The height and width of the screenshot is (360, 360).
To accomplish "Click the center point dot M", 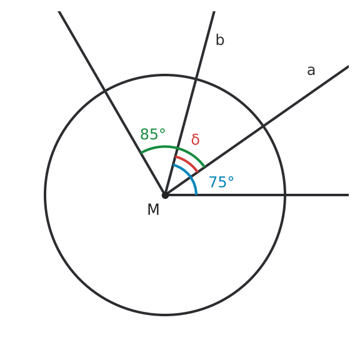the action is [x=165, y=195].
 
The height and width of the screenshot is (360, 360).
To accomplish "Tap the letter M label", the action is [x=153, y=209].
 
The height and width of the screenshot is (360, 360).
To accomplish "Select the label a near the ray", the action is [x=311, y=71].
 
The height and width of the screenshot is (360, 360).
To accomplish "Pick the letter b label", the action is [x=220, y=40].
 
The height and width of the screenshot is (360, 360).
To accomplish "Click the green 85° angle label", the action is [x=152, y=134].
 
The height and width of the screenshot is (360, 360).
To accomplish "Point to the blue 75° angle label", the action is [x=221, y=182].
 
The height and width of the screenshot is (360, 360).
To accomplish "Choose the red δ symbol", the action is [x=196, y=139].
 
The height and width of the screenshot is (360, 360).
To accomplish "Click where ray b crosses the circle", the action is [x=196, y=79].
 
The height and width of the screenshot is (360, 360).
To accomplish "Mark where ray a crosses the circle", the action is [x=263, y=126].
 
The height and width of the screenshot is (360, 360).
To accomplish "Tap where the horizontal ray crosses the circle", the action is [x=285, y=195].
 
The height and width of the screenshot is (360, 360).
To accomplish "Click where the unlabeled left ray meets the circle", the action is [x=105, y=91].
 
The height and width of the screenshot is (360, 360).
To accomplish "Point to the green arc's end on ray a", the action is [x=204, y=167].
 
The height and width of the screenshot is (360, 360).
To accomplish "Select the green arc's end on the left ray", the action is [x=141, y=152].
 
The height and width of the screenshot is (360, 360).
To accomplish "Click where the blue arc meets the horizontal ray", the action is [x=196, y=195].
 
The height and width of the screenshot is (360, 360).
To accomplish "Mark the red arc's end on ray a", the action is [x=197, y=172].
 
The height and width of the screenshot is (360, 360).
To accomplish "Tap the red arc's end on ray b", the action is [x=176, y=157].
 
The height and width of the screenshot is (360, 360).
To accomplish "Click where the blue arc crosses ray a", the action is [x=191, y=177].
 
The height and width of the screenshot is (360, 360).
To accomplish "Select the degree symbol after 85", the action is [x=162, y=131].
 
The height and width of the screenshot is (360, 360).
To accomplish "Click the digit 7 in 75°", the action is [x=212, y=182].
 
